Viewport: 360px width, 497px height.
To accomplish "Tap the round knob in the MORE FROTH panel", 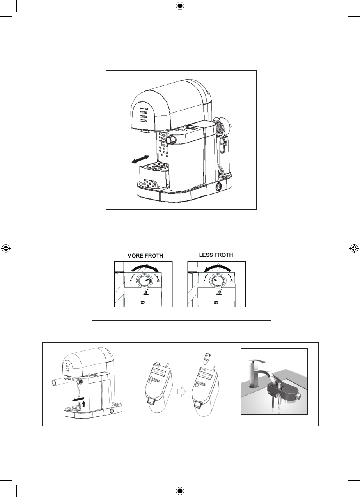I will [x=142, y=281].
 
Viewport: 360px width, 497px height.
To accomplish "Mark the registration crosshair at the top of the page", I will [x=180, y=6].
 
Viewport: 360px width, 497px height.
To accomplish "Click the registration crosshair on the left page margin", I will [x=6, y=248].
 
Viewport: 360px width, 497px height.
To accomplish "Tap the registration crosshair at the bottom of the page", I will [x=180, y=490].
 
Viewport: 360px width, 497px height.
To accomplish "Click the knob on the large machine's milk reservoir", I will [x=170, y=140].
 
